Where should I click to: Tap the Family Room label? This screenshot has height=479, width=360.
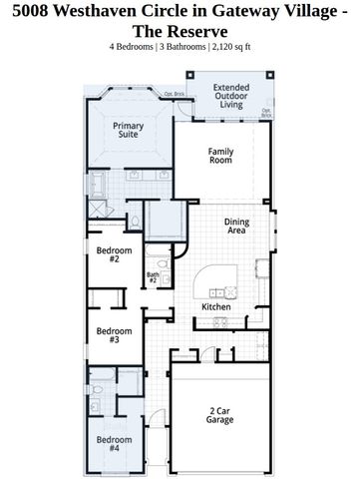220,155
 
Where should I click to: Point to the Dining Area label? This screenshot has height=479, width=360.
236,226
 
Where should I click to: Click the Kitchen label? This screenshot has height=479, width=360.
216,306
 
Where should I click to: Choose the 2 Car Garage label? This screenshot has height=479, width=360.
221,416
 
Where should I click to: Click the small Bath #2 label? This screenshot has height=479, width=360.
154,277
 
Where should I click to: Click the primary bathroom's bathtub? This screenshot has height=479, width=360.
99,185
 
